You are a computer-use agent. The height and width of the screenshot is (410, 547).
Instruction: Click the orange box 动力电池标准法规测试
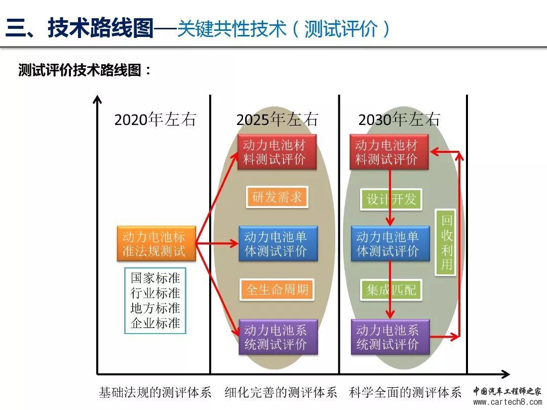coord(157,243)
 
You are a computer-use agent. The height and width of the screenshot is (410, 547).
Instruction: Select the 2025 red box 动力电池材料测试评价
coord(277,152)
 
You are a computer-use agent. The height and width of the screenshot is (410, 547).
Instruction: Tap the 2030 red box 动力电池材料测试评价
coord(389,152)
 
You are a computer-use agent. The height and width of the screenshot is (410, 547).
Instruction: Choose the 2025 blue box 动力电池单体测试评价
coord(279,243)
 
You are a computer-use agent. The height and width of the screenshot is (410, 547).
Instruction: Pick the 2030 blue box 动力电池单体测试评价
coord(390,243)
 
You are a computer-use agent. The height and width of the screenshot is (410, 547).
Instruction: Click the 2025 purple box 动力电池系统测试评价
coord(279,337)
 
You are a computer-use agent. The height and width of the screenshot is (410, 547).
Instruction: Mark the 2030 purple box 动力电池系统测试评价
coord(390,337)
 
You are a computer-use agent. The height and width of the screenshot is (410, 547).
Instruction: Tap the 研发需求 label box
coord(277,197)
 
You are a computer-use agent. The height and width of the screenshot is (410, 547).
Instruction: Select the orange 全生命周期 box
coord(277,290)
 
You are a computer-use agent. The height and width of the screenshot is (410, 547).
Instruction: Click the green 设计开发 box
coord(391,199)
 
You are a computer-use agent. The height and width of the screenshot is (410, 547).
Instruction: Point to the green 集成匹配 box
coord(391,290)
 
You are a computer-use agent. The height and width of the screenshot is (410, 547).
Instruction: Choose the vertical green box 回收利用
coord(446,242)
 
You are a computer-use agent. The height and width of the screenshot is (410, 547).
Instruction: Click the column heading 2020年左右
coord(155,119)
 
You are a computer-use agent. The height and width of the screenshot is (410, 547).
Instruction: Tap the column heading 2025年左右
coord(278,119)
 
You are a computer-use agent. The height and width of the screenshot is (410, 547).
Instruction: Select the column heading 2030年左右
coord(399,119)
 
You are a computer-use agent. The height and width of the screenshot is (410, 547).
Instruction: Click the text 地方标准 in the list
coord(155,308)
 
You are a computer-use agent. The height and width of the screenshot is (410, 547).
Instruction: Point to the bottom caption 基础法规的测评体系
coord(155,392)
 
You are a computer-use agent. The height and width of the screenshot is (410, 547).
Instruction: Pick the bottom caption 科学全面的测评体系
coord(405,392)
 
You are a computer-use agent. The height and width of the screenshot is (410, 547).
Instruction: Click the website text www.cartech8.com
coord(507,402)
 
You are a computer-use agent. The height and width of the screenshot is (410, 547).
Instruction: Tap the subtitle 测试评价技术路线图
coord(80,70)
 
